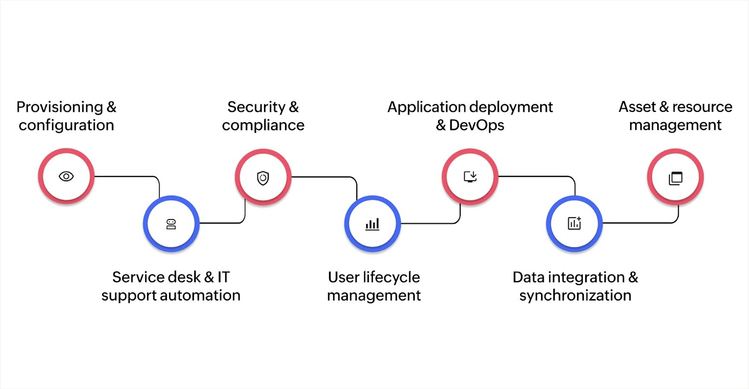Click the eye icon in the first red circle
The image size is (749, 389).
66,176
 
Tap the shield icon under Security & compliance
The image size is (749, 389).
263,178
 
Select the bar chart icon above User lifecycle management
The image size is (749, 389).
373,224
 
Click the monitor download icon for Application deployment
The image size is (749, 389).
470,176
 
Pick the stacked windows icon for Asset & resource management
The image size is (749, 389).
676,178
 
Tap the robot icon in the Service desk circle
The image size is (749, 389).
171,224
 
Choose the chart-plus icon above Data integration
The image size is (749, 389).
574,223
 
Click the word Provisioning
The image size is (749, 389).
59,107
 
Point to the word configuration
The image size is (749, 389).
66,125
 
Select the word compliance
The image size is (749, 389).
263,125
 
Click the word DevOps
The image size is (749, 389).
477,125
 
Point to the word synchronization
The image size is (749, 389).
575,296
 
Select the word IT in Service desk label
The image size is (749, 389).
223,278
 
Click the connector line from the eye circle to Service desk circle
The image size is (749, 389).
126,176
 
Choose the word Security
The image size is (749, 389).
256,107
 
